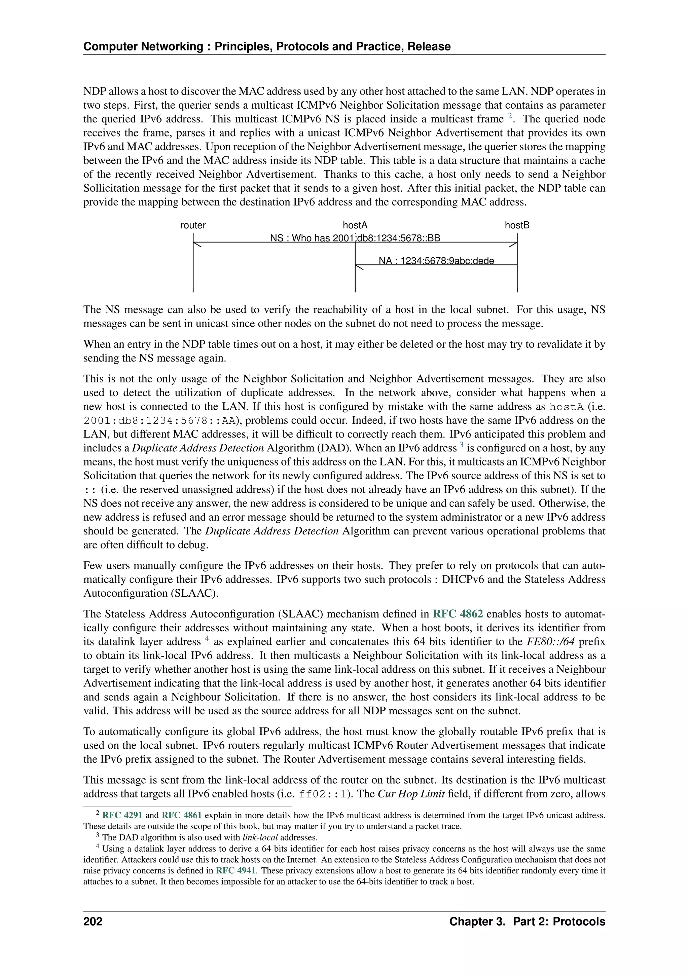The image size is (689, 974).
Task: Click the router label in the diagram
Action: pos(193,225)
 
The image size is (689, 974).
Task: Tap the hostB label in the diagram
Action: pos(517,225)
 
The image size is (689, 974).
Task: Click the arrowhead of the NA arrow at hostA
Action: pos(359,266)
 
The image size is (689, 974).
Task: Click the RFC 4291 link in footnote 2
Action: pos(122,815)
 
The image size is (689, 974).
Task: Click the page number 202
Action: pos(93,922)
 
